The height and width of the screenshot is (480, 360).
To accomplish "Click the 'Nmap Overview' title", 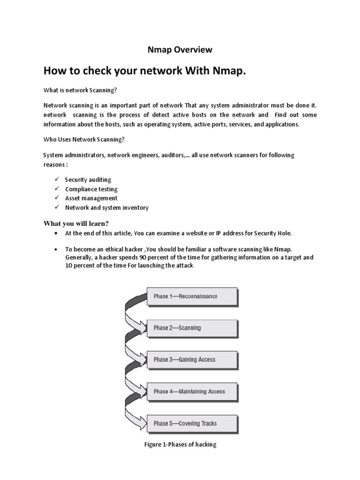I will (x=180, y=49).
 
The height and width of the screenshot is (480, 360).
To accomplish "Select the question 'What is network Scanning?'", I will (x=80, y=90).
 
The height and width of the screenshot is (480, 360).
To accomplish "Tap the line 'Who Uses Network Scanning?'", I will (x=84, y=139).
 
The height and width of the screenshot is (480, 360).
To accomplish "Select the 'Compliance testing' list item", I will (x=91, y=189).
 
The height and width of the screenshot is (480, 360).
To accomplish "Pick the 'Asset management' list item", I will (x=91, y=198).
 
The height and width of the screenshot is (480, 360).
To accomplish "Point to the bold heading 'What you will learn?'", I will (x=79, y=223).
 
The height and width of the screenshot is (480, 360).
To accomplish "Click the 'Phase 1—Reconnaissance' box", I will (x=192, y=296).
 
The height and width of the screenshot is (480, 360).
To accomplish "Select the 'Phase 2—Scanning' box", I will (x=192, y=328).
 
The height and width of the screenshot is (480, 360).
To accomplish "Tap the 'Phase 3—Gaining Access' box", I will (x=192, y=360).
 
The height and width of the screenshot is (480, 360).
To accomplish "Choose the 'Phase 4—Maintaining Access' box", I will (x=192, y=392).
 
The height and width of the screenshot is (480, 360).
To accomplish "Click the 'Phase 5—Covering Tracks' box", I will (x=192, y=424).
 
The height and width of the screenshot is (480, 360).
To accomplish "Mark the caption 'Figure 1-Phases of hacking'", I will (x=180, y=444).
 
